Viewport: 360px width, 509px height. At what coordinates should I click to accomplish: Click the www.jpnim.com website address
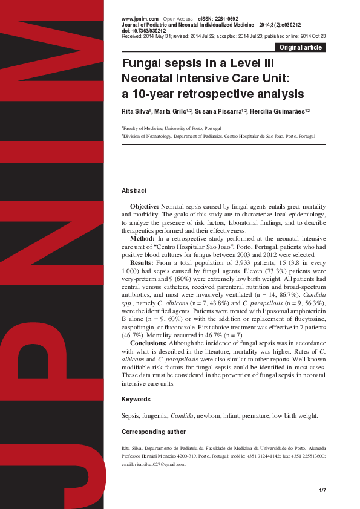[x=140, y=19]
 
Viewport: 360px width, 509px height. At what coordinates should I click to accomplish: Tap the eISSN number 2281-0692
[x=226, y=19]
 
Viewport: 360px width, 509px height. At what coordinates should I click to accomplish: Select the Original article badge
[x=300, y=48]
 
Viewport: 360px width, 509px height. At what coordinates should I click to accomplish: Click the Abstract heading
[x=134, y=191]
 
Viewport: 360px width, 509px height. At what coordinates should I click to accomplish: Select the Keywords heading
[x=136, y=400]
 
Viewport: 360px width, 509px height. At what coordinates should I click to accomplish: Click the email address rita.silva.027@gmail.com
[x=160, y=465]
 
